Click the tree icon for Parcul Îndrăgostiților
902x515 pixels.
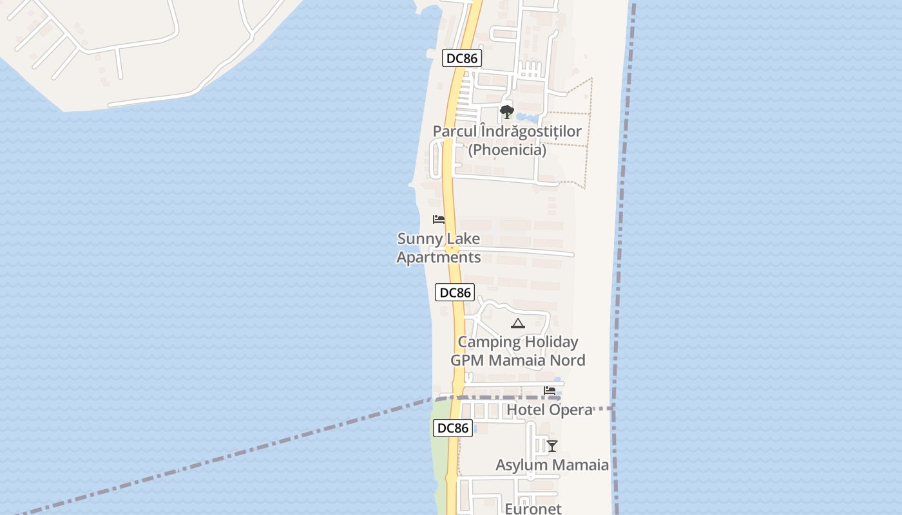[x=507, y=112]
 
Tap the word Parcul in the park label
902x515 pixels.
[x=455, y=131]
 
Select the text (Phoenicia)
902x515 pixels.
[x=507, y=150]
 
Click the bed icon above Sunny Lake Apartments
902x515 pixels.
[x=439, y=220]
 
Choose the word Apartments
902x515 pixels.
[x=438, y=257]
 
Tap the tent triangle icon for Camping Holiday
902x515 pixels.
[x=517, y=323]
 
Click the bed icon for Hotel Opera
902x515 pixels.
[x=550, y=390]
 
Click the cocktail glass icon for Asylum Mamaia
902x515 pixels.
[x=552, y=445]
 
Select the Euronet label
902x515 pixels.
[x=533, y=509]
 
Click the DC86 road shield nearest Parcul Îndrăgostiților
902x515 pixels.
[x=462, y=59]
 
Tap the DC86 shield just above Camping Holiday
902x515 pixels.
[x=455, y=293]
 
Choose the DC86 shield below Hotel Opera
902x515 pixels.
[x=452, y=428]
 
